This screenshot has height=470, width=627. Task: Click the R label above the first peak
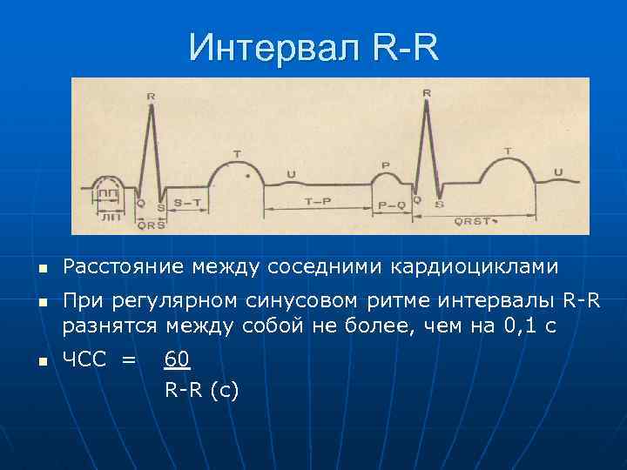coord(152,97)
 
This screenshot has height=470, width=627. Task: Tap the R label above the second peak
coord(426,92)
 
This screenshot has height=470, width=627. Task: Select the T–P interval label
coord(316,202)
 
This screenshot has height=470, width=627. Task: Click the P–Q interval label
coord(392,205)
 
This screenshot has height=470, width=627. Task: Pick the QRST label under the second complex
coord(474,223)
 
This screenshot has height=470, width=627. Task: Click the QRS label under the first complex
coord(152,224)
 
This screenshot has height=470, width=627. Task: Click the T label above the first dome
coord(237,154)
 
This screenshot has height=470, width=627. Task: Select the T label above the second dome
coord(508,151)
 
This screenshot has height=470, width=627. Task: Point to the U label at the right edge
coord(558,171)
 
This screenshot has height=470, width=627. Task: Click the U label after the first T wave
coord(291,174)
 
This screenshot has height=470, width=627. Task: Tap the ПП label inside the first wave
coord(109,193)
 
